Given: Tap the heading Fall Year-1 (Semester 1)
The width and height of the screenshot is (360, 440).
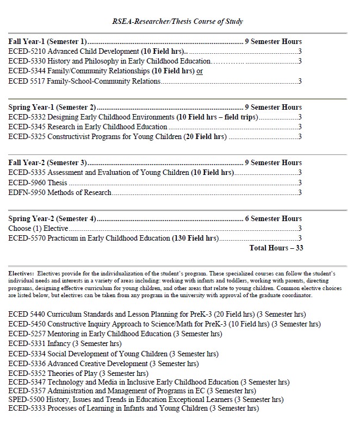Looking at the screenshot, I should (x=47, y=41).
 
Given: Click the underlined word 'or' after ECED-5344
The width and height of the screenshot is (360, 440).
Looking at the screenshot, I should (x=200, y=71).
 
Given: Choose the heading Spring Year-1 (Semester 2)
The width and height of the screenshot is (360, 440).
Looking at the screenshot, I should (x=52, y=107).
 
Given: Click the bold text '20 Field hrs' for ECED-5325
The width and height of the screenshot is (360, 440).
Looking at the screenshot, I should (x=205, y=137).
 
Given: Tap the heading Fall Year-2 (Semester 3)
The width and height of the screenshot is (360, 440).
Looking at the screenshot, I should (x=47, y=162).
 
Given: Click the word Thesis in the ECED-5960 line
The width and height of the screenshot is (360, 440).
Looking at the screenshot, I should (x=57, y=183).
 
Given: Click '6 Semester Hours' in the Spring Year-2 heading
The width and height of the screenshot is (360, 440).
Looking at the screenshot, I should (x=273, y=218).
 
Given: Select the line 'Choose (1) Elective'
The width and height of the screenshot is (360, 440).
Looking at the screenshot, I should (x=38, y=228).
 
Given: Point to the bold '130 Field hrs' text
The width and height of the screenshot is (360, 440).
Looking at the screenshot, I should (x=195, y=238).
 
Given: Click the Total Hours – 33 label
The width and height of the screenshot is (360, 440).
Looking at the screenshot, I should (x=276, y=248).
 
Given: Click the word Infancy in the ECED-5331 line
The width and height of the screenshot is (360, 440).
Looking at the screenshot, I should (x=59, y=343).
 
